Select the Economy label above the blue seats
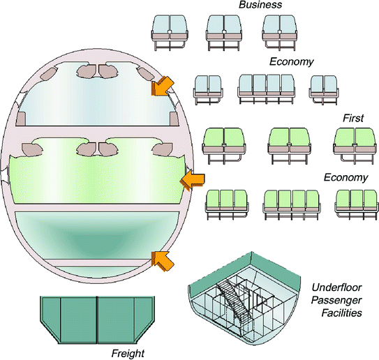(x=291, y=61)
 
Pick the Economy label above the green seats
(x=345, y=177)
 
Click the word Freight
(x=128, y=353)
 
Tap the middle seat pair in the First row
(x=289, y=144)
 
